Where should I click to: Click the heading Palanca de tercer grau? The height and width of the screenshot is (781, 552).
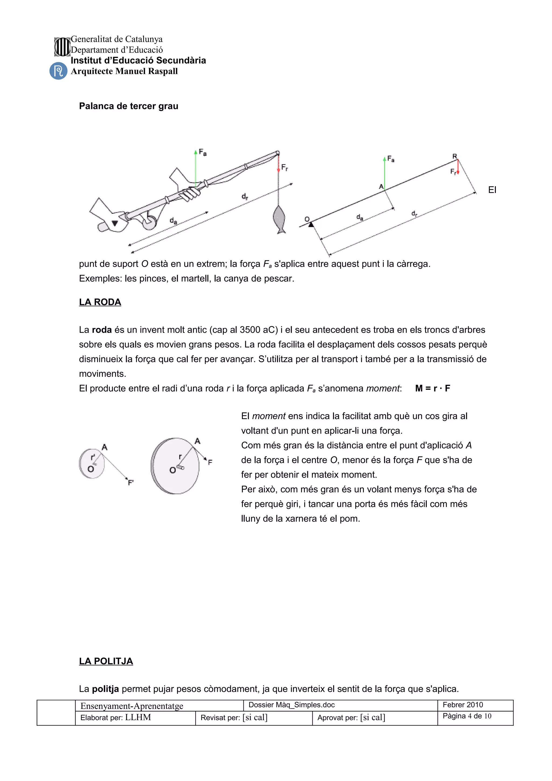[129, 106]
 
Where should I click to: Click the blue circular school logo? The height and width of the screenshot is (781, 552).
[58, 71]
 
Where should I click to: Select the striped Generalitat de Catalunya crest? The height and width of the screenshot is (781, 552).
[62, 47]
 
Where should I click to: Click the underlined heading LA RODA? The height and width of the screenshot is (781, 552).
[100, 302]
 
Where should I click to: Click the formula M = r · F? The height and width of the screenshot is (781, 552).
[432, 388]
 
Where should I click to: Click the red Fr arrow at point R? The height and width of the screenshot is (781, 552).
[458, 167]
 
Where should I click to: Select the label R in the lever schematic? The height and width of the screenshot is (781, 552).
[454, 156]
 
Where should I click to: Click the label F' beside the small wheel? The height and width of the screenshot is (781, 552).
[131, 482]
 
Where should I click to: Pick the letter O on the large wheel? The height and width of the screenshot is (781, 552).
[172, 470]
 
